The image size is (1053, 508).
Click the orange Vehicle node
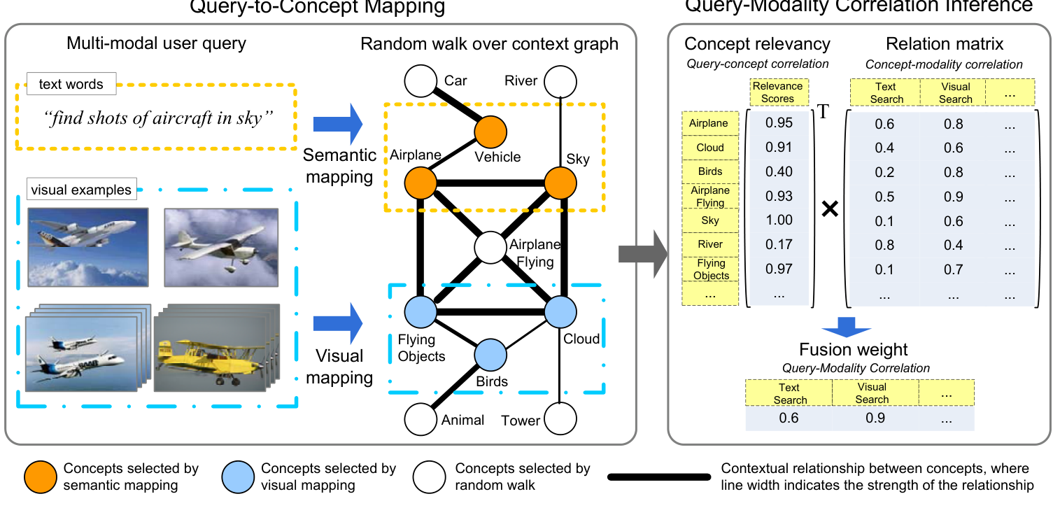coord(490,132)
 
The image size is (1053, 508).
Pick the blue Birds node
coord(490,355)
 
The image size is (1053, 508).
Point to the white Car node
coord(421,80)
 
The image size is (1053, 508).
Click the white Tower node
coord(560,419)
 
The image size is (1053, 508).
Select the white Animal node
coord(421,419)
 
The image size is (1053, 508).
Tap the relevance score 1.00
coord(779,220)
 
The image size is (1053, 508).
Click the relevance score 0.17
coord(779,244)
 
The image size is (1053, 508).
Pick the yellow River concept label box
coord(710,244)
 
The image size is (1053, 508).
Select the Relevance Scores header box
coord(778,92)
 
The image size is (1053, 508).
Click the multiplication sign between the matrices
coord(829,209)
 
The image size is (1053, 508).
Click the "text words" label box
coord(71,84)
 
